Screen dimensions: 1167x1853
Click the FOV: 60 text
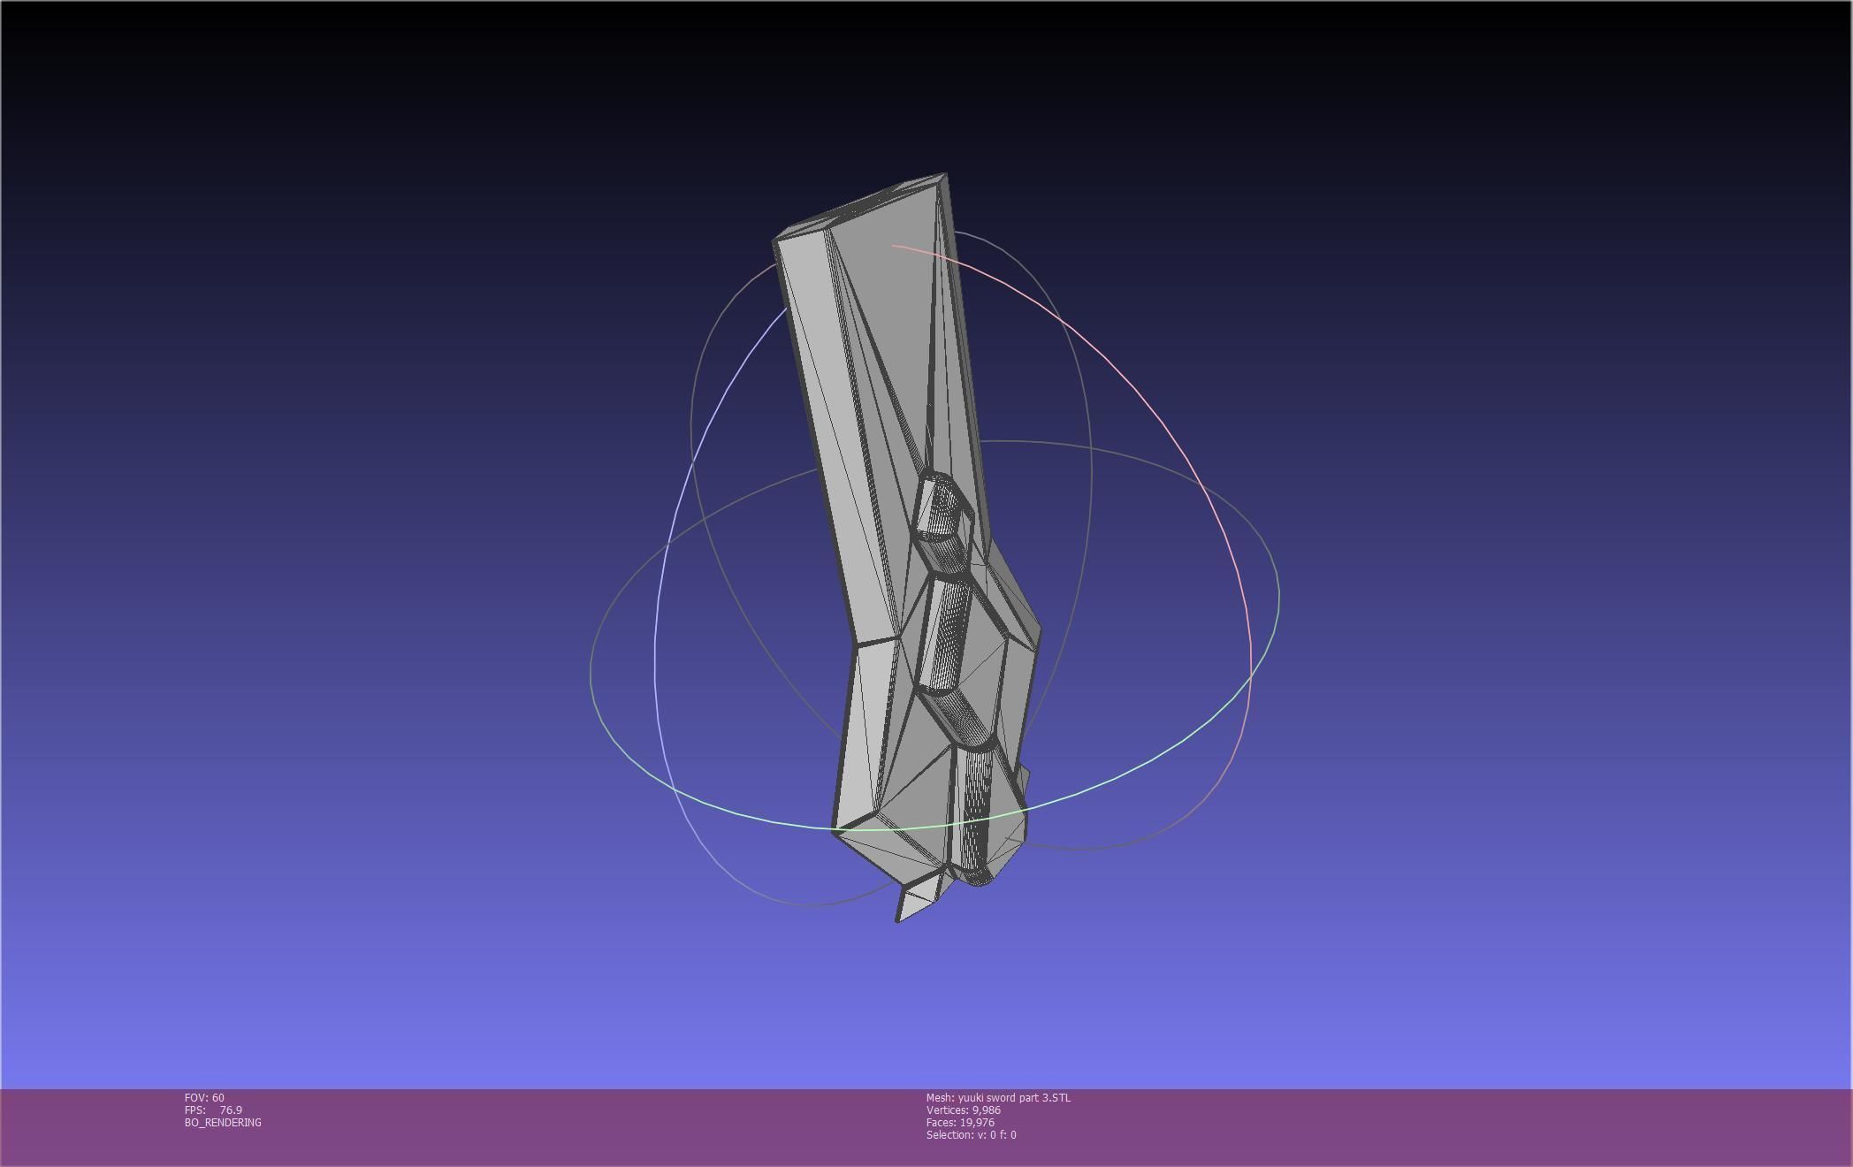(x=204, y=1097)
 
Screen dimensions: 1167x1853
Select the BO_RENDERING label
(x=223, y=1122)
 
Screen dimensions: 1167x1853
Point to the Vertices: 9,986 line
(x=963, y=1110)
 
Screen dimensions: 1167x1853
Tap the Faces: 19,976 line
(x=959, y=1122)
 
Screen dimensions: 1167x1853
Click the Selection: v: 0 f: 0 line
(x=971, y=1134)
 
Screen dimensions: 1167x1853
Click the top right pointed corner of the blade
(x=945, y=175)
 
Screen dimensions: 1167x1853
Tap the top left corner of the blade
(x=775, y=240)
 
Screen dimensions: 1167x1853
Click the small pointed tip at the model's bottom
(x=898, y=920)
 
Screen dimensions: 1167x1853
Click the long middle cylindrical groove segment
(x=946, y=632)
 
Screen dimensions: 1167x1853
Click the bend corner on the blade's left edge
(x=852, y=644)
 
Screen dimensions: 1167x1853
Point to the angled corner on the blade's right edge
(x=1038, y=629)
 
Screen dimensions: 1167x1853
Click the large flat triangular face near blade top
(x=893, y=309)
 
